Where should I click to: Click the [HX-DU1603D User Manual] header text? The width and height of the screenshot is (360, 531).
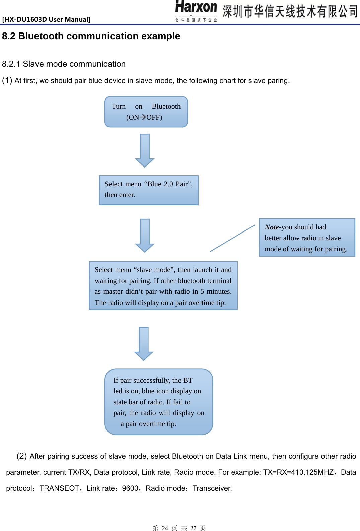tap(46, 19)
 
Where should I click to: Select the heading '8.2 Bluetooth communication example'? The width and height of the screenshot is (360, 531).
tap(91, 36)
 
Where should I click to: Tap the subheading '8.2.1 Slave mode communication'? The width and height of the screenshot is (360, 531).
tap(64, 64)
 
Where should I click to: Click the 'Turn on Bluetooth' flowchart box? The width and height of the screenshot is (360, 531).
tap(146, 112)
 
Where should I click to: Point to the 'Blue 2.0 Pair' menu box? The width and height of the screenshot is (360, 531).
tap(149, 190)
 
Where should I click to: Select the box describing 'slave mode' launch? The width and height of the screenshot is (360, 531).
tap(163, 285)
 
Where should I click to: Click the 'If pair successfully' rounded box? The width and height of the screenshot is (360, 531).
tap(159, 402)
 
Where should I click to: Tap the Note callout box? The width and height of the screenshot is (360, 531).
tap(307, 238)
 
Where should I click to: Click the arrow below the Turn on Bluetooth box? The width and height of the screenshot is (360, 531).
tap(145, 150)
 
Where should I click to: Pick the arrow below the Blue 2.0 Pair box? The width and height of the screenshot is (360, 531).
tap(145, 235)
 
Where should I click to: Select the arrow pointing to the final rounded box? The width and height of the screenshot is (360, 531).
tap(144, 343)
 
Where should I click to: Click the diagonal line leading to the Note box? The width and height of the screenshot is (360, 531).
tap(232, 238)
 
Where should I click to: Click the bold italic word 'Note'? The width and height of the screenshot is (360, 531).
tap(272, 227)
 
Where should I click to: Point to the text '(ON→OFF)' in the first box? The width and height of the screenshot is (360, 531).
tap(144, 117)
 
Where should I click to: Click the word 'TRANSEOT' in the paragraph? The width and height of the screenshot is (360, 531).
tap(59, 488)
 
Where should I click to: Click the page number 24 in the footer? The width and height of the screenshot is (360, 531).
tap(165, 528)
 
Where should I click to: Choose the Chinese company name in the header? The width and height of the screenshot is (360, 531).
tap(290, 11)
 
